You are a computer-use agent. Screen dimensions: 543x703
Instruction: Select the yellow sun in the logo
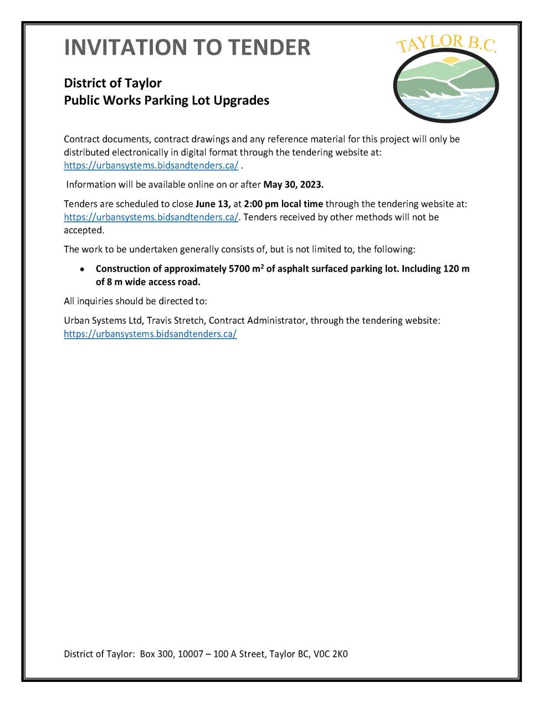tap(452, 60)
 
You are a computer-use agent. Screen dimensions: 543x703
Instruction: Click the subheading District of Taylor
tap(112, 83)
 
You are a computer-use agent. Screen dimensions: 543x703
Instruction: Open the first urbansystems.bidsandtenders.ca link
tap(151, 165)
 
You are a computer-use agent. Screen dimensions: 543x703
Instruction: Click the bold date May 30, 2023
tap(293, 185)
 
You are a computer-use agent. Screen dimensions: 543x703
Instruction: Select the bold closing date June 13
tap(213, 204)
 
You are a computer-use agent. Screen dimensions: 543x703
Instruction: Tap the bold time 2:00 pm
tap(261, 204)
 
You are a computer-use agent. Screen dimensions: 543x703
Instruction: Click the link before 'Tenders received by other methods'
tap(151, 217)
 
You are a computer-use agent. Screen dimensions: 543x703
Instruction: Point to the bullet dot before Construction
tap(82, 269)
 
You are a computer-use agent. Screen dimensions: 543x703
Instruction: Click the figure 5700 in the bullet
tap(239, 269)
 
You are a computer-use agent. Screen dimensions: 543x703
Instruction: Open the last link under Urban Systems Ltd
tap(150, 334)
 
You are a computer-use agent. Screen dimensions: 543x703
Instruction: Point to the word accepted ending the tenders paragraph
tap(84, 230)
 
